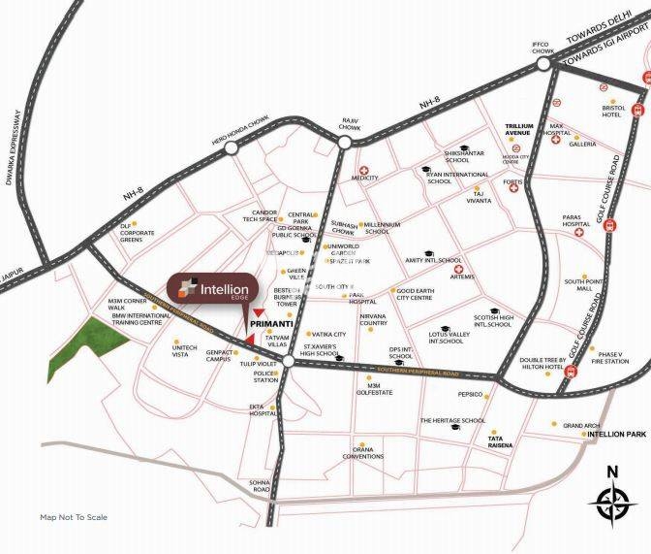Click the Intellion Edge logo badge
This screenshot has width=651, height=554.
point(211,289)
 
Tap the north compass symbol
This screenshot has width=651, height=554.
point(611,504)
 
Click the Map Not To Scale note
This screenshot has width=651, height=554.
point(74,517)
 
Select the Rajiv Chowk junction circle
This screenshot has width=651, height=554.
point(345,142)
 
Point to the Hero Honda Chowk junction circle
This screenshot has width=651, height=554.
point(231,149)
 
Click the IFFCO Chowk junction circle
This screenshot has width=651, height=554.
point(544,64)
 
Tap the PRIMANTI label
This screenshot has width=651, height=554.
point(270,324)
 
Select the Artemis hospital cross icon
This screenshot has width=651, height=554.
point(460,269)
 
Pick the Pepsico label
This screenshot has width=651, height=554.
point(471,396)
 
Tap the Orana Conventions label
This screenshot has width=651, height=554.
point(368,453)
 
